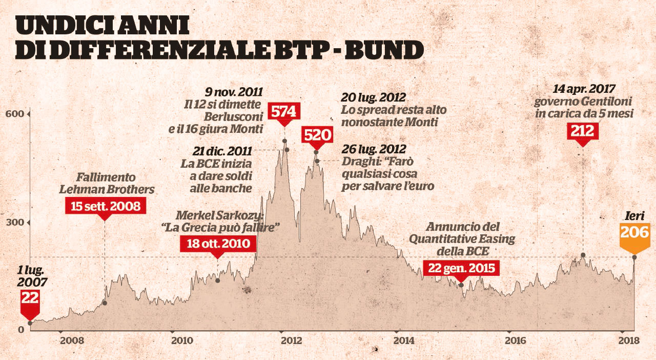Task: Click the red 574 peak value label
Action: (283, 111)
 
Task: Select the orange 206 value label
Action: (634, 232)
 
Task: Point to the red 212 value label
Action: (583, 132)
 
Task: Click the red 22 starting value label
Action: (30, 298)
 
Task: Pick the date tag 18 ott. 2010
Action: (217, 243)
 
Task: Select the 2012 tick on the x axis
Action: (290, 341)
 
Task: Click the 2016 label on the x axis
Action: (515, 341)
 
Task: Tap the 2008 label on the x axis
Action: (71, 341)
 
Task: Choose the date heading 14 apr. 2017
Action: (584, 88)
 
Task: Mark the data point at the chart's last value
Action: (634, 257)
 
